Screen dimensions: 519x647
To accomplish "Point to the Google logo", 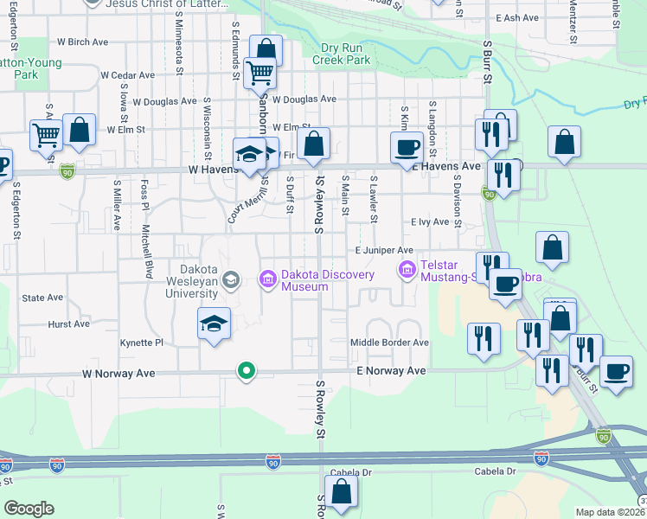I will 29,509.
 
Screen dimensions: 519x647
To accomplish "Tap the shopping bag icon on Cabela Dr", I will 342,493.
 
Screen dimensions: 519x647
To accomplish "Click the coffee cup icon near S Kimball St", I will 406,148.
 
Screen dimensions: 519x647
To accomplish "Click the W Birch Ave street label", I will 82,41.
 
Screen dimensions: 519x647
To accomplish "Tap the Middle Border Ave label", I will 389,343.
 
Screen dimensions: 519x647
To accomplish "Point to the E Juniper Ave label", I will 384,250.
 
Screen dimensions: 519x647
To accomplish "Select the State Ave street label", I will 43,298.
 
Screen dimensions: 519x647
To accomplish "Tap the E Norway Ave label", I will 392,370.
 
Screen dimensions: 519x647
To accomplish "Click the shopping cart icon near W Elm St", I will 45,135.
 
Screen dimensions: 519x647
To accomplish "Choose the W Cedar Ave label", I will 127,75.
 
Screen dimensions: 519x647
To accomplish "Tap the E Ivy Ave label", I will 430,221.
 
